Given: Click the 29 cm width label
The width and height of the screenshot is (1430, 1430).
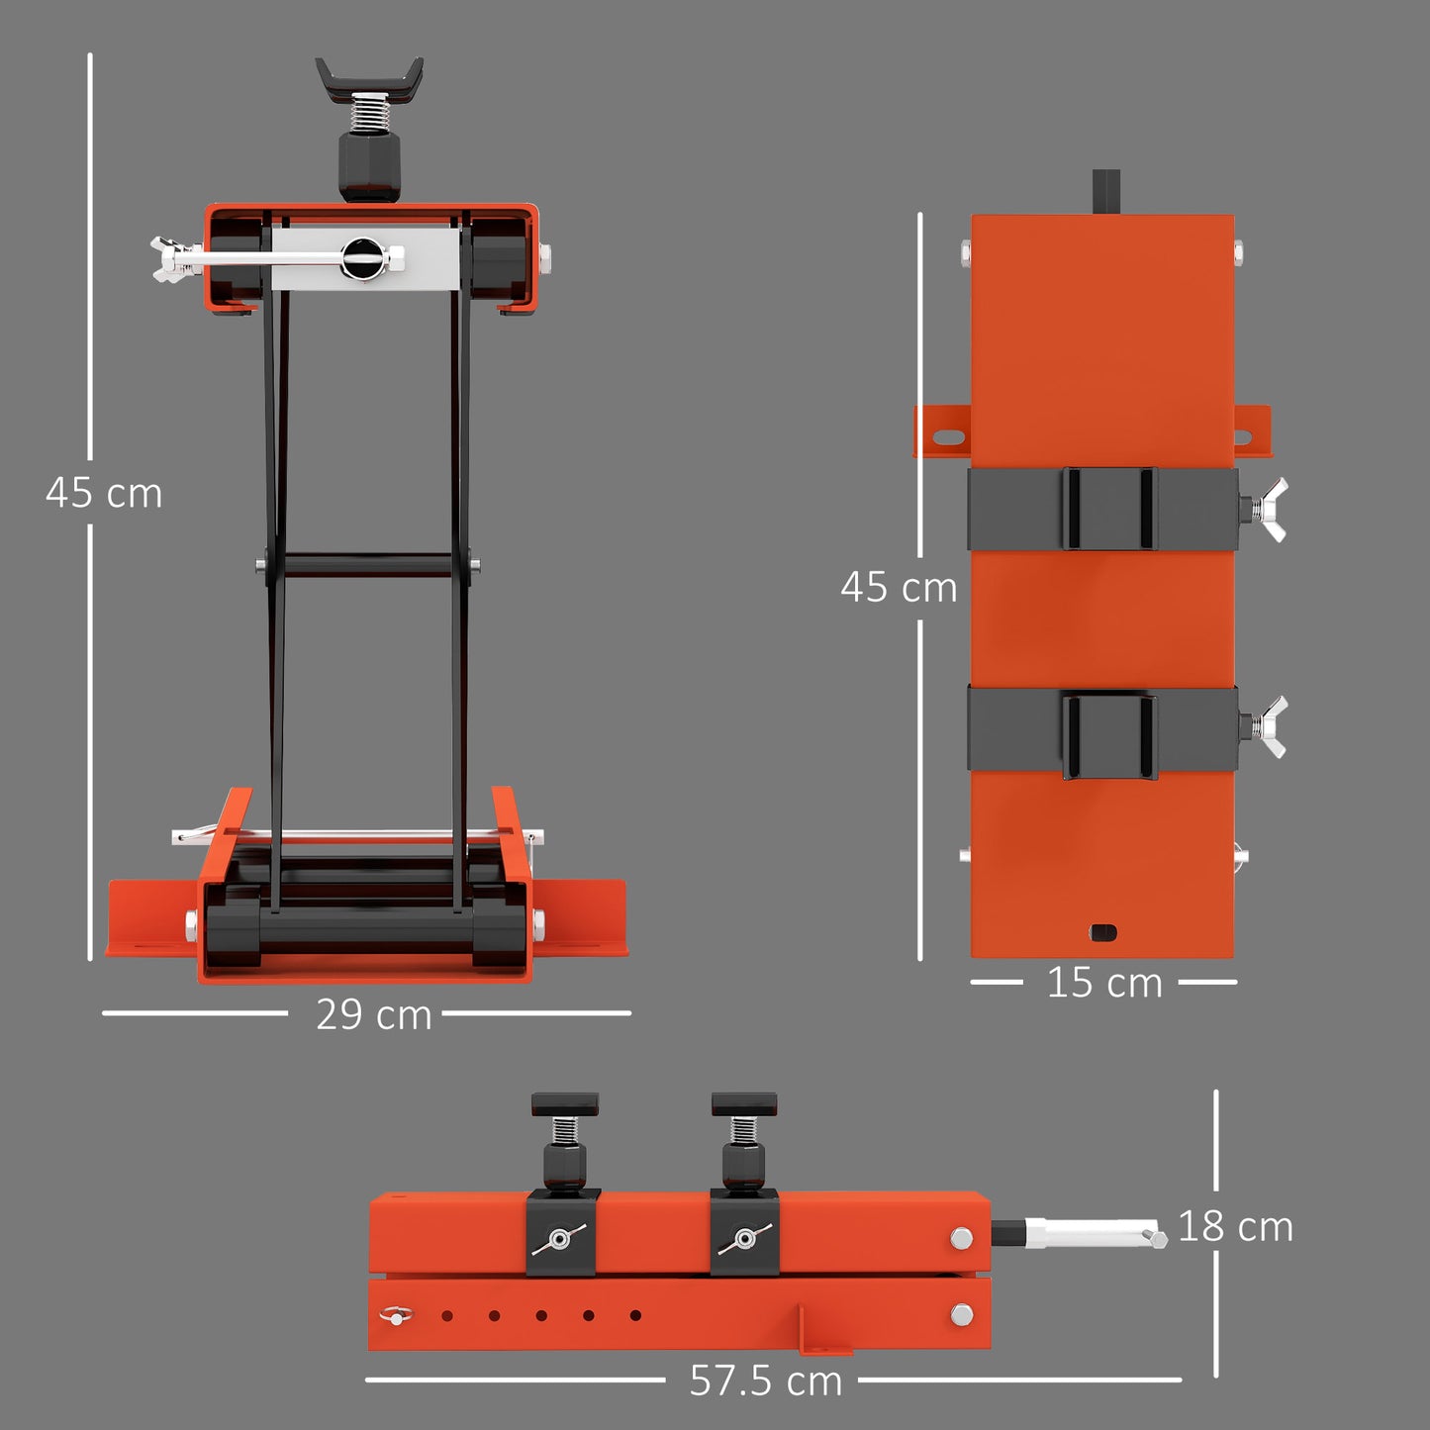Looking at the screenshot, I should point(373,1014).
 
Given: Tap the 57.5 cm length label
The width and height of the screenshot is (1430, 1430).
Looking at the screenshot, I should point(765,1381).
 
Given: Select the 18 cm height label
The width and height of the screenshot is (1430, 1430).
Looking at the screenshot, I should point(1235,1227).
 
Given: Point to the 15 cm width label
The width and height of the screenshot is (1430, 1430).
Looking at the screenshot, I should point(1104,983).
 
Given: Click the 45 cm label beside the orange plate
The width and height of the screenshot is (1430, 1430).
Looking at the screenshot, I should point(899,588).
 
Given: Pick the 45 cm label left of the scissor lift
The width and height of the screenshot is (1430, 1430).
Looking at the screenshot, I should point(104,493).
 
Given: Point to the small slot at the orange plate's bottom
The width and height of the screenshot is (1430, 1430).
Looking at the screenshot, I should point(1102,932).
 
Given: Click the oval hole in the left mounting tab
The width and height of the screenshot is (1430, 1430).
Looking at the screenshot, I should point(947,436).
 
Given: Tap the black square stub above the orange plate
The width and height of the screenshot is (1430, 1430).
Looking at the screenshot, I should point(1105,191).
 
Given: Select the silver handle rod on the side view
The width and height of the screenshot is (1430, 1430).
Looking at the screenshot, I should point(1094,1234).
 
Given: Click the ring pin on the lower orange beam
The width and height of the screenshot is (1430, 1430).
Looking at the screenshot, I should point(395,1315).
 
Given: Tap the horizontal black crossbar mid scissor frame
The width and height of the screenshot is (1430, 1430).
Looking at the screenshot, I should point(368,566).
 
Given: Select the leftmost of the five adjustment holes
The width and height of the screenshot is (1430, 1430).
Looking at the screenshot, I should point(447,1316).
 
